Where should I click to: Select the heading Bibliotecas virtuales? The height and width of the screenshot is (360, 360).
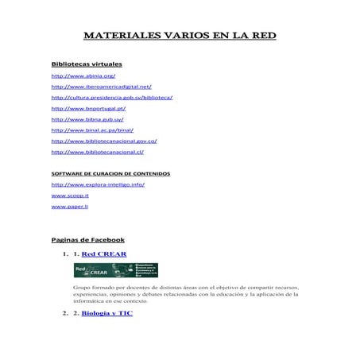(x=86, y=63)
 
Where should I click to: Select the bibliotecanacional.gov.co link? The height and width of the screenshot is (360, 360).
(x=104, y=140)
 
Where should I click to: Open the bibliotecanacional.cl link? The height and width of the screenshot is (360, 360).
(x=97, y=151)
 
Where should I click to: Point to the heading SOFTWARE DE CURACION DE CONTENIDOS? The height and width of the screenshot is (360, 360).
(x=110, y=172)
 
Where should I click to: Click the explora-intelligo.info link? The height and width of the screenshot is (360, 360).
(x=98, y=184)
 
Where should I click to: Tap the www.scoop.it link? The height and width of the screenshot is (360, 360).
(x=70, y=195)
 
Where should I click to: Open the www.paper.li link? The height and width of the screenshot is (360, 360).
(x=69, y=206)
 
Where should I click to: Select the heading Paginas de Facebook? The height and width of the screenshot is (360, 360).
(x=87, y=238)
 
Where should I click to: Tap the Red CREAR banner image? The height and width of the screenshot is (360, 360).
(x=115, y=270)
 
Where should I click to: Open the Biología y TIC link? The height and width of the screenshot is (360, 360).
(x=107, y=314)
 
